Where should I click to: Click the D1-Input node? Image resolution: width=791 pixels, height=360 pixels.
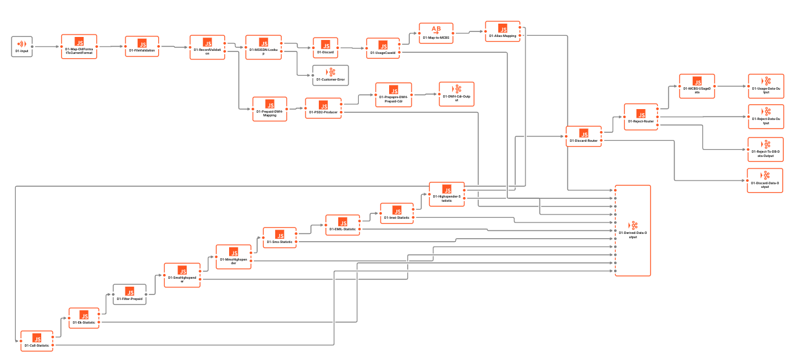(22, 47)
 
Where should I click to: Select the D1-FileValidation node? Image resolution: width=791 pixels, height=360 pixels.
(142, 47)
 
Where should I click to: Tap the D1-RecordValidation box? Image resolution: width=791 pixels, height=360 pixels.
(207, 47)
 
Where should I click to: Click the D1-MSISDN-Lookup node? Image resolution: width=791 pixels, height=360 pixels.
(264, 47)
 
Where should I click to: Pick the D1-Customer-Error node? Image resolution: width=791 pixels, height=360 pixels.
(330, 75)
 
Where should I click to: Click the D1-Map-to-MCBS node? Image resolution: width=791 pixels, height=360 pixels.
(436, 33)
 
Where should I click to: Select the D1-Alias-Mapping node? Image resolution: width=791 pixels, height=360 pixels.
(502, 32)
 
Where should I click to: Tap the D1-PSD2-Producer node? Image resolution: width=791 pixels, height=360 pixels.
(323, 108)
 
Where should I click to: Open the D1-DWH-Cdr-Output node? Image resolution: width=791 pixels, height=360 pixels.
(456, 94)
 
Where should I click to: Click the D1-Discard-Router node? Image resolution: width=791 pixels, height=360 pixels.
(584, 136)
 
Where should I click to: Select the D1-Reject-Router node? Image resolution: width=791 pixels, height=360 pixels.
(641, 116)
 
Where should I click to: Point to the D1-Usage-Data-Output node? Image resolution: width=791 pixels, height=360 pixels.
(765, 85)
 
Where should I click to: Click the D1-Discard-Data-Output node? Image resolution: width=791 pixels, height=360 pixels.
(765, 181)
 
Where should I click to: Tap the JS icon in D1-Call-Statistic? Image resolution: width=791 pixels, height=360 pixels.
(37, 338)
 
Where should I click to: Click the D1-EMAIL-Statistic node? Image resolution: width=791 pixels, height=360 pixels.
(343, 224)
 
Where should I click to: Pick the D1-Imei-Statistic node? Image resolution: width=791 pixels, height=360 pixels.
(397, 213)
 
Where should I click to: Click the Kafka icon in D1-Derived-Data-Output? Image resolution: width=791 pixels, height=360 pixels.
(633, 225)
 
